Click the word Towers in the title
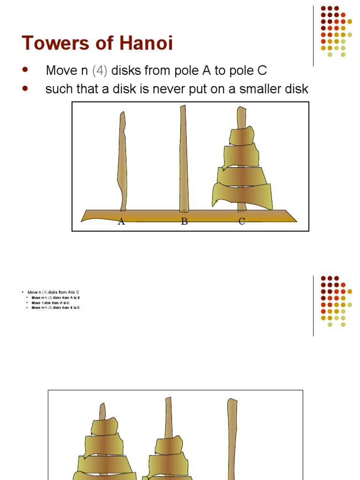pos(52,44)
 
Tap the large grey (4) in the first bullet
pos(100,71)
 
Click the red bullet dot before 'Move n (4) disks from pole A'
pos(25,70)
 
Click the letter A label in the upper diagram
pos(121,222)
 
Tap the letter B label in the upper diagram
pos(184,222)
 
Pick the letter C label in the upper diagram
pos(242,222)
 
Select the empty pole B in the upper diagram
pos(184,159)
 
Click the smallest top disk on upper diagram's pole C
pos(241,136)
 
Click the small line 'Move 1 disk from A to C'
pos(47,303)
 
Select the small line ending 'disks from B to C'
pos(56,308)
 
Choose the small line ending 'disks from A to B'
pos(56,298)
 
